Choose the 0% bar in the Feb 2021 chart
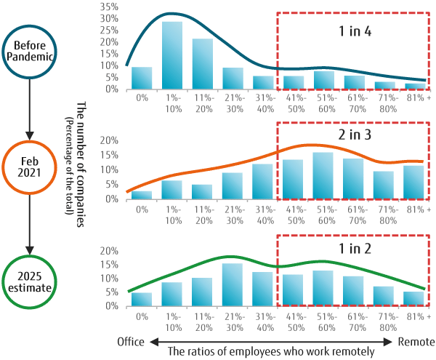[x=141, y=194]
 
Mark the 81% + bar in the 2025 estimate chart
[x=414, y=299]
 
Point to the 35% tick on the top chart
[x=109, y=7]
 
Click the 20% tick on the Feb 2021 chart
[x=109, y=140]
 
